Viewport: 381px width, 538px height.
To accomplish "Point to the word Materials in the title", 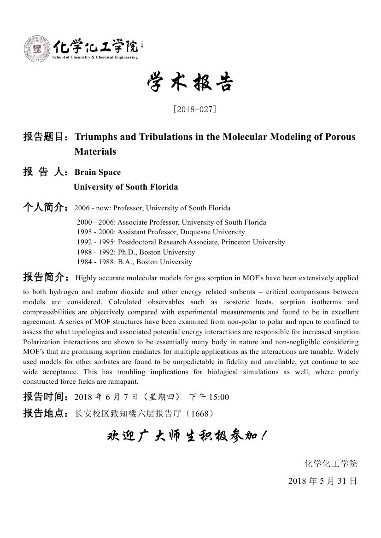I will pos(95,151).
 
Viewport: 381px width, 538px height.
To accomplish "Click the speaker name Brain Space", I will pos(98,172).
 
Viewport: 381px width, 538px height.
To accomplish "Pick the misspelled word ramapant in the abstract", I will pos(124,382).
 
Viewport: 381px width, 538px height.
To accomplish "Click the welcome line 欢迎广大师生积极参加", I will pos(187,435).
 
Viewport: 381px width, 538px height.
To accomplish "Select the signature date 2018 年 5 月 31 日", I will pos(322,481).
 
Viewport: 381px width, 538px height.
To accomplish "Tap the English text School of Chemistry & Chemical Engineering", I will pos(95,58).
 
